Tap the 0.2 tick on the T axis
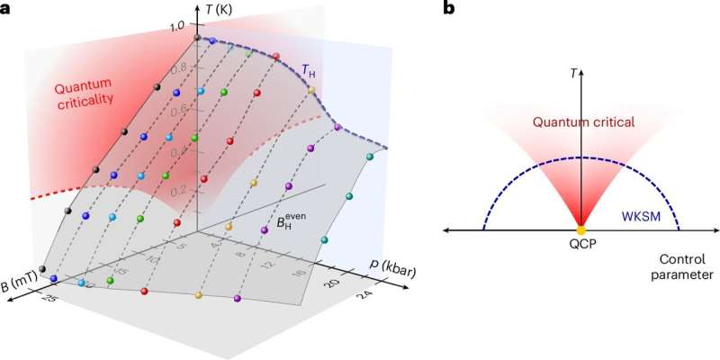183,190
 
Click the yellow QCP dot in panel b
580,230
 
